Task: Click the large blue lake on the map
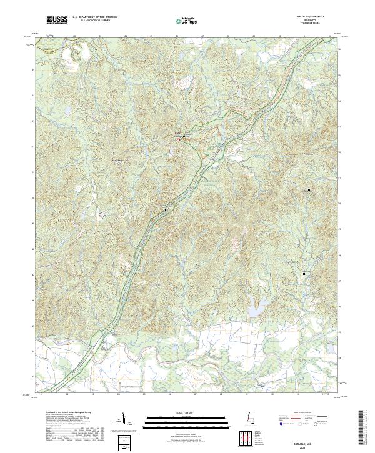[255, 308]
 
